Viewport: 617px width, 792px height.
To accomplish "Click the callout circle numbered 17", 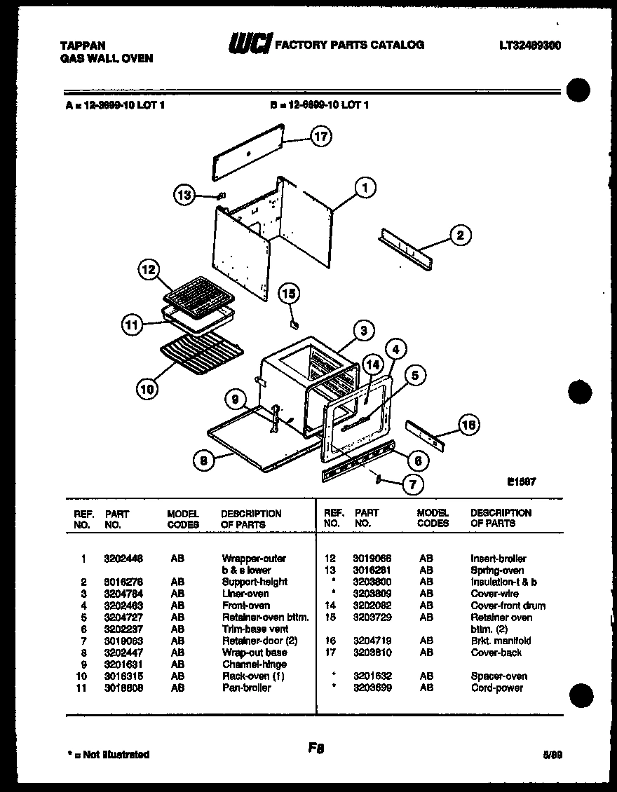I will click(320, 137).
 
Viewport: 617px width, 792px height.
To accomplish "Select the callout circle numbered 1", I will click(365, 187).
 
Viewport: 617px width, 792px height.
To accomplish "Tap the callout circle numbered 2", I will click(460, 235).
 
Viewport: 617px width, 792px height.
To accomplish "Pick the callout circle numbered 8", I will click(202, 460).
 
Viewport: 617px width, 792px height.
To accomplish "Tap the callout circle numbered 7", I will click(411, 483).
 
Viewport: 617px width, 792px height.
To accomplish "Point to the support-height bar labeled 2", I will click(406, 247).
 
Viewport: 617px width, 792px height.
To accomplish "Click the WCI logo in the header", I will click(248, 45).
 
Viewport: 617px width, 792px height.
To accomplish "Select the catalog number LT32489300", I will click(530, 45).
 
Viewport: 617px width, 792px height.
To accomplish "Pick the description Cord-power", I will click(496, 688).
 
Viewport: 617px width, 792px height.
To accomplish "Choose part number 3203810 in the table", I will click(372, 653).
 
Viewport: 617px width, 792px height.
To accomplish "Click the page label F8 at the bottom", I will click(316, 748).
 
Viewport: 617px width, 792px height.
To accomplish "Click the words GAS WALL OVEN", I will click(107, 58).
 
